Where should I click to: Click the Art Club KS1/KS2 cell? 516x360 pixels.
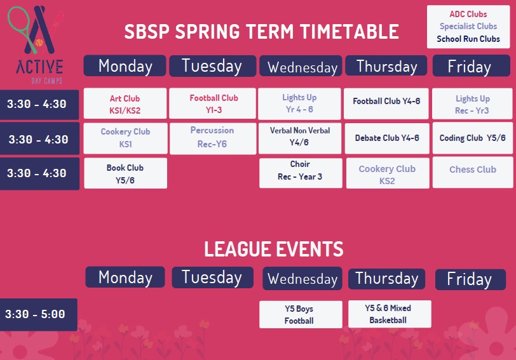(125, 103)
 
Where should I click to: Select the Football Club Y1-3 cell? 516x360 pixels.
(212, 103)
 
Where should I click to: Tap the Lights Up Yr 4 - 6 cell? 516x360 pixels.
(299, 103)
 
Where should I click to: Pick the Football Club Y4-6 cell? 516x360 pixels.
(386, 103)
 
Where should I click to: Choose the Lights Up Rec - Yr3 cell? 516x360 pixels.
(472, 103)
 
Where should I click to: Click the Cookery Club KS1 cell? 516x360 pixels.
(125, 138)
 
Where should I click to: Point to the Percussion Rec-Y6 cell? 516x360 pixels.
(213, 138)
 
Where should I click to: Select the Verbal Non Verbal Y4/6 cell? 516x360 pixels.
(300, 138)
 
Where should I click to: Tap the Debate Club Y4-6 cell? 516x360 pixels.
(387, 138)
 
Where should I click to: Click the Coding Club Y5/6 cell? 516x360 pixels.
(473, 138)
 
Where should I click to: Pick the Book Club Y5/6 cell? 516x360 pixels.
(125, 173)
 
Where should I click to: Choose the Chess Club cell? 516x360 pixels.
(473, 172)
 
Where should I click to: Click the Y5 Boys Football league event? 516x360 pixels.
(301, 315)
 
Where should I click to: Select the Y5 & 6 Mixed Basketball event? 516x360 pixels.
(390, 314)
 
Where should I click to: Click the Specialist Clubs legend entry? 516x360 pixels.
(468, 26)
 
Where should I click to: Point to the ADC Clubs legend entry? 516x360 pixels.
(468, 14)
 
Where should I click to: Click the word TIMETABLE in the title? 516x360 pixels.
(350, 32)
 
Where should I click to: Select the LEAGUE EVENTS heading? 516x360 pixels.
(274, 249)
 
